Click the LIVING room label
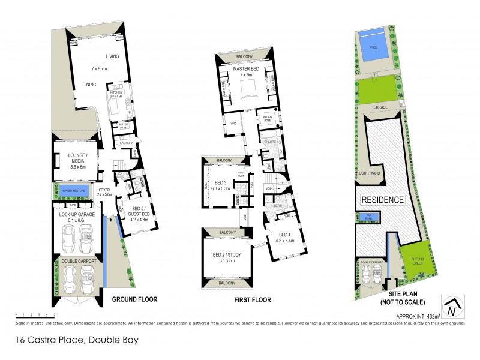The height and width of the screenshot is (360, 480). (113, 56)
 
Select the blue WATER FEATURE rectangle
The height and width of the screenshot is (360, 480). (74, 192)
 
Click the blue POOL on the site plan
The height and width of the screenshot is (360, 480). (373, 47)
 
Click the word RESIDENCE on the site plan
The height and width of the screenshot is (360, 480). (382, 199)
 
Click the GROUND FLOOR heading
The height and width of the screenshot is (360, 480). (134, 299)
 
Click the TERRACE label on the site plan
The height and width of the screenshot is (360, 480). (380, 107)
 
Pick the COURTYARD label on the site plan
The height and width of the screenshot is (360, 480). (370, 173)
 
